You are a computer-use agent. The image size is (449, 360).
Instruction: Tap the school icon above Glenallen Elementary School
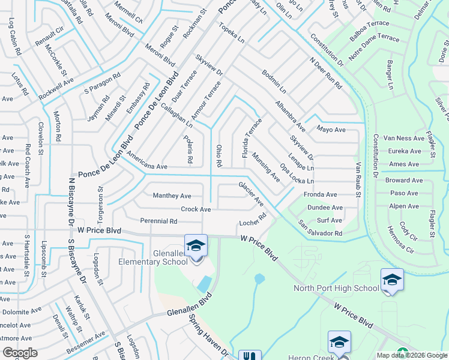[x=196, y=245]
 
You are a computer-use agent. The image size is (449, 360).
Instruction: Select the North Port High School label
[x=336, y=289]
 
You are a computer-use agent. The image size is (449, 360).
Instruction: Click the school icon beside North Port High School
[x=391, y=280]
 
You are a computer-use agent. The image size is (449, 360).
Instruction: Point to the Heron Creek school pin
[x=339, y=343]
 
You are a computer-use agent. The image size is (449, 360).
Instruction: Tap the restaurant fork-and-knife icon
[x=250, y=356]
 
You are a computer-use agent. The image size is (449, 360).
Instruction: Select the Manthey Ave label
[x=172, y=196]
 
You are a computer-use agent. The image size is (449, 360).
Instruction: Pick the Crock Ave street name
[x=196, y=209]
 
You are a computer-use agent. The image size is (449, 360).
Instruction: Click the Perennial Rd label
[x=158, y=221]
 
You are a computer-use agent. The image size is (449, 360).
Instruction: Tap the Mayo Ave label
[x=331, y=130]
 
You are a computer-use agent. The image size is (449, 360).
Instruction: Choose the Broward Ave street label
[x=402, y=180]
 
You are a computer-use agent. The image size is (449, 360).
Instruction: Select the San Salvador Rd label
[x=320, y=229]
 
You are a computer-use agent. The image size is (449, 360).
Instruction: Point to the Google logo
[x=20, y=353]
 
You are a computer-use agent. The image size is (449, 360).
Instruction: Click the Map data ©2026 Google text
[x=411, y=355]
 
